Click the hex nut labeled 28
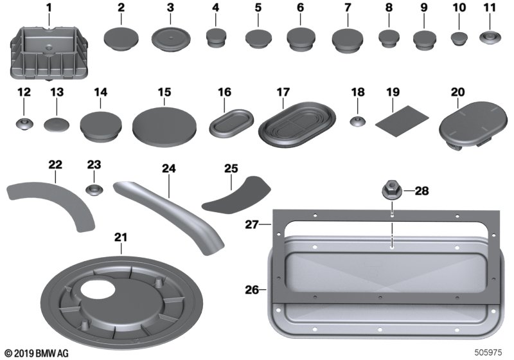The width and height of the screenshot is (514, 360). pyautogui.click(x=391, y=190)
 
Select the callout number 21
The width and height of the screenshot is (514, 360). pyautogui.click(x=120, y=237)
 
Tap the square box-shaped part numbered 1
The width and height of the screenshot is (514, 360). pyautogui.click(x=49, y=53)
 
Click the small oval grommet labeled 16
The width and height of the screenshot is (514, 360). pyautogui.click(x=231, y=123)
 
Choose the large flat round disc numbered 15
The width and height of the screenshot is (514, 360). pyautogui.click(x=164, y=127)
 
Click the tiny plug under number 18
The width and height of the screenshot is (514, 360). pyautogui.click(x=358, y=122)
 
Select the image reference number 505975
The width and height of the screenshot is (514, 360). pyautogui.click(x=488, y=352)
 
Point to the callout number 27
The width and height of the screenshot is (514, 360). pyautogui.click(x=251, y=224)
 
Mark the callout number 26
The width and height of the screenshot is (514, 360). pyautogui.click(x=252, y=290)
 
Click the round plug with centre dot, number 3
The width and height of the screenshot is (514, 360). pyautogui.click(x=171, y=39)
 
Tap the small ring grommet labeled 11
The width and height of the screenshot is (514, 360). pyautogui.click(x=490, y=37)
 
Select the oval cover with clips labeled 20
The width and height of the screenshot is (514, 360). pyautogui.click(x=472, y=125)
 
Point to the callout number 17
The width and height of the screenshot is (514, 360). pyautogui.click(x=283, y=92)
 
